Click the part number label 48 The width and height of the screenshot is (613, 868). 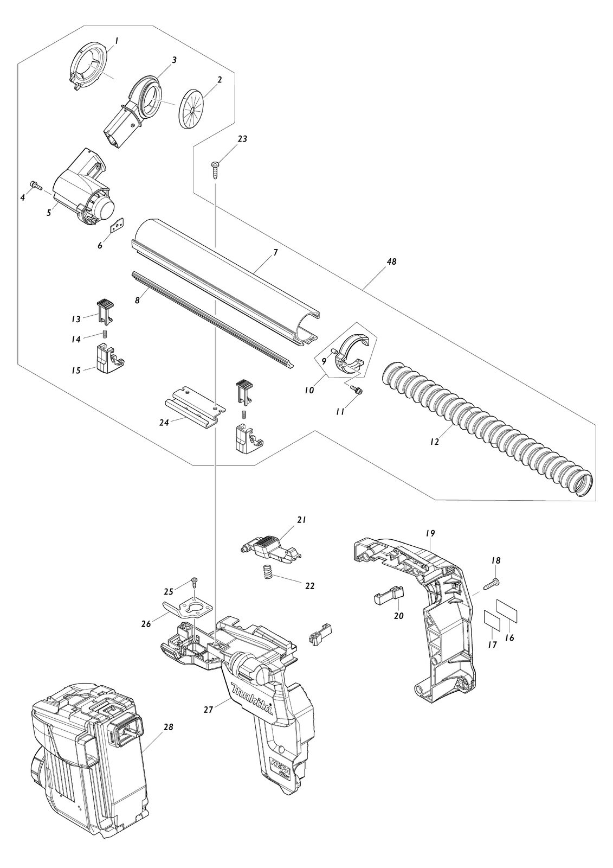[391, 262]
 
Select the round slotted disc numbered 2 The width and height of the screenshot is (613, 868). [193, 107]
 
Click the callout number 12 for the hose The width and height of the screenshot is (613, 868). [435, 442]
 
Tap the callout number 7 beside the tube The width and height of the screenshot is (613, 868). [275, 253]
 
